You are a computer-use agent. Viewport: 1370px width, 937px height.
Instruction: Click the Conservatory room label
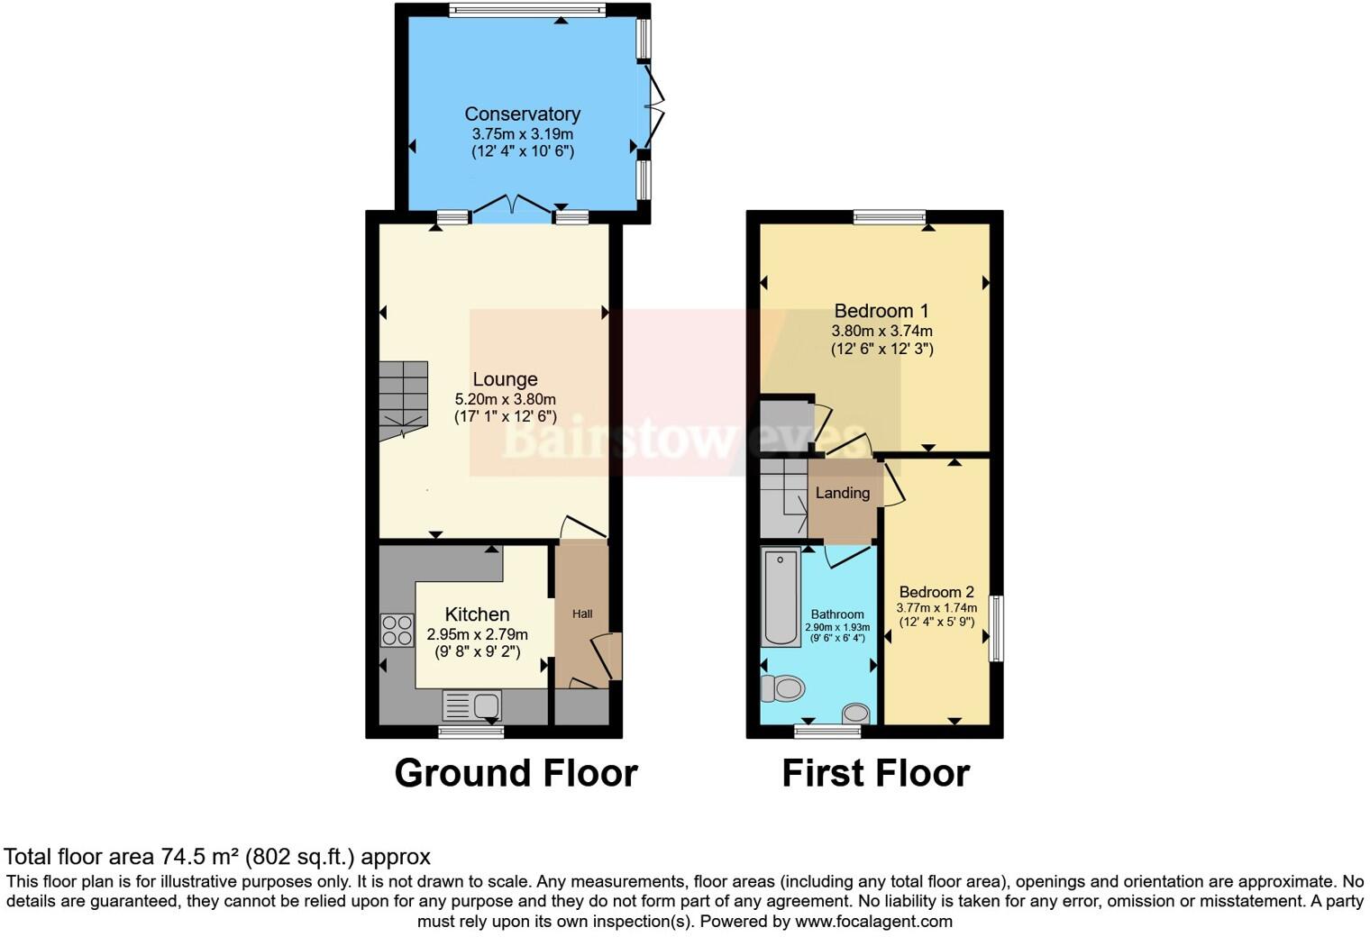[x=522, y=114]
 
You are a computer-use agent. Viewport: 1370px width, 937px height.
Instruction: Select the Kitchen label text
[x=477, y=614]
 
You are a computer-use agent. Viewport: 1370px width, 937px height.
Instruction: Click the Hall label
[x=582, y=614]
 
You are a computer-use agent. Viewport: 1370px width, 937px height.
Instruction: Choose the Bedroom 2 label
[x=936, y=592]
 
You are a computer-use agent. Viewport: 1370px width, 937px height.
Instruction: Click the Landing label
[x=843, y=493]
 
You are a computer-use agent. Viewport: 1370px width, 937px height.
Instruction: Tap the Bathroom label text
[x=837, y=614]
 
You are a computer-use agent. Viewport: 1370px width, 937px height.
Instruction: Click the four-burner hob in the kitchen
[x=397, y=629]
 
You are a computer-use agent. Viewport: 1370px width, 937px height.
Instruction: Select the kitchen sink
[x=472, y=705]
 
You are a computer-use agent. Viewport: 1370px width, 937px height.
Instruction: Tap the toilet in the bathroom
[x=781, y=689]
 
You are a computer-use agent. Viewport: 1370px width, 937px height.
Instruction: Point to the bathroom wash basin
[x=855, y=714]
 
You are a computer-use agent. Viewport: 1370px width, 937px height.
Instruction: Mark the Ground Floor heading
[x=516, y=773]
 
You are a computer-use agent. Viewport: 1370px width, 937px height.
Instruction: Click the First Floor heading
[x=875, y=773]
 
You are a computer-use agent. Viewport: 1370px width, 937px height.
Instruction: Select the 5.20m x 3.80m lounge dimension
[x=505, y=399]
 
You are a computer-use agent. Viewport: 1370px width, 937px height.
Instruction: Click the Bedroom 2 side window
[x=996, y=628]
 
